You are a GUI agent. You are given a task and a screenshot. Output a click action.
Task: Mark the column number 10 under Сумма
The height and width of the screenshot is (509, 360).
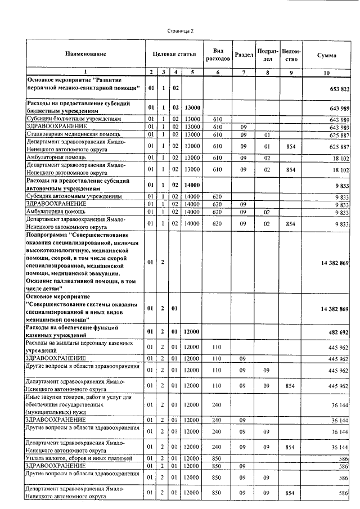(x=327, y=72)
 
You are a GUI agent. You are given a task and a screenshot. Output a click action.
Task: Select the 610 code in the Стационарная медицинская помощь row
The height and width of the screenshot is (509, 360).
(x=218, y=134)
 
